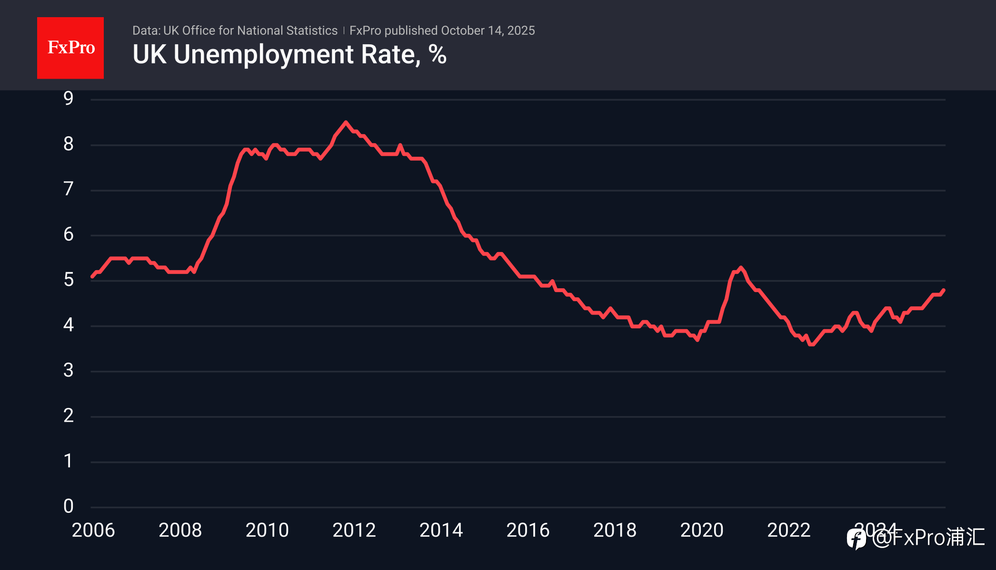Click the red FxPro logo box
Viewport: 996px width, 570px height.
pyautogui.click(x=70, y=48)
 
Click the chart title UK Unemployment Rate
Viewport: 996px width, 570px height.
pyautogui.click(x=289, y=54)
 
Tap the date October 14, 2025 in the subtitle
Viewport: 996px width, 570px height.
pyautogui.click(x=488, y=31)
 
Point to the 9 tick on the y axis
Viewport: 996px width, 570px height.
pyautogui.click(x=69, y=98)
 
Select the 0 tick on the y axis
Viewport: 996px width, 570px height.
pyautogui.click(x=69, y=506)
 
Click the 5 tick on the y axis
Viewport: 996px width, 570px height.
pyautogui.click(x=69, y=280)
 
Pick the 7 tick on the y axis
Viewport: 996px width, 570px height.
pyautogui.click(x=69, y=189)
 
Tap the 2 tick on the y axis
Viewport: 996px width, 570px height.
pyautogui.click(x=69, y=416)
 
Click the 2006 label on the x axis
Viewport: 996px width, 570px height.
pyautogui.click(x=93, y=530)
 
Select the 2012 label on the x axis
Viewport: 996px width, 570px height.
pyautogui.click(x=354, y=530)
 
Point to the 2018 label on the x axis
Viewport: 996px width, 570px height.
pyautogui.click(x=615, y=530)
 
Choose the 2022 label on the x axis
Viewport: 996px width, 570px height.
pyautogui.click(x=789, y=530)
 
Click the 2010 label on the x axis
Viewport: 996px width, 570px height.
pyautogui.click(x=267, y=530)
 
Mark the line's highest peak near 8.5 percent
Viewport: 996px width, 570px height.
pyautogui.click(x=346, y=122)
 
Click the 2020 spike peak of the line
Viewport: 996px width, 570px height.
pyautogui.click(x=740, y=267)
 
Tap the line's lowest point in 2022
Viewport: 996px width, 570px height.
pyautogui.click(x=811, y=344)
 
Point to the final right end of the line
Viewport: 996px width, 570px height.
pyautogui.click(x=944, y=290)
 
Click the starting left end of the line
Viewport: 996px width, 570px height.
pyautogui.click(x=92, y=276)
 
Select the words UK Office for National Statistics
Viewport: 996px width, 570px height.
pyautogui.click(x=250, y=31)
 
